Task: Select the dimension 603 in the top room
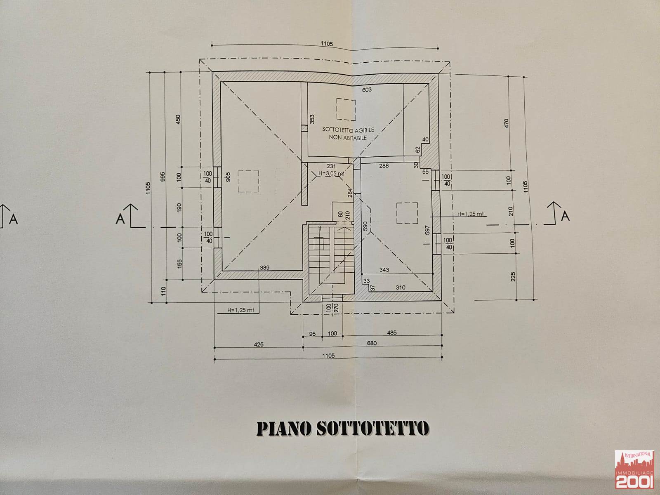coord(367,90)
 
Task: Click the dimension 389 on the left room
coord(264,268)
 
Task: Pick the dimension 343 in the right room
coord(384,270)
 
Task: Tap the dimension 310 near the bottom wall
coord(400,288)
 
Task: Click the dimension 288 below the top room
coord(384,166)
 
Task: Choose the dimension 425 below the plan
coord(259,344)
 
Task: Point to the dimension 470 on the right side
coord(507,123)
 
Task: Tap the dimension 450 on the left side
coord(178,120)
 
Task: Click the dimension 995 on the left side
coord(163,177)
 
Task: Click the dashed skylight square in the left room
coord(248,181)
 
